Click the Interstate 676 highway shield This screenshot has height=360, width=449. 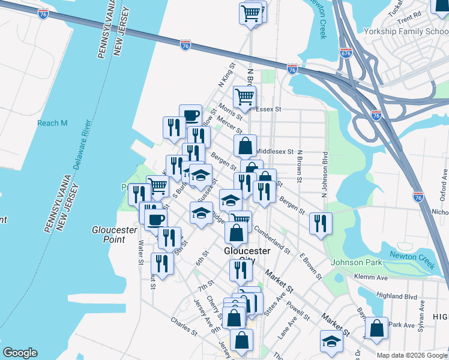(x=345, y=53)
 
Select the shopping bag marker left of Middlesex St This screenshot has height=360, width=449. (x=245, y=145)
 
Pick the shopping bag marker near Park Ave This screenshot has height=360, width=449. (x=376, y=328)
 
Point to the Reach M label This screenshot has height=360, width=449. (x=52, y=123)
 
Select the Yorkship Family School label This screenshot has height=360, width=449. (x=406, y=31)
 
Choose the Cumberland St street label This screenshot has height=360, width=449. (x=271, y=239)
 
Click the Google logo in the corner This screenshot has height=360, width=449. (x=20, y=353)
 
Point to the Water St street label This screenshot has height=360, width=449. (x=140, y=252)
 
